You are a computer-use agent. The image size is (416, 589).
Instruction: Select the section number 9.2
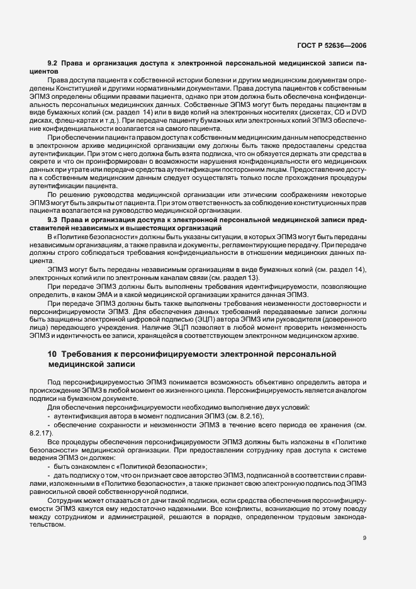point(53,64)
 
